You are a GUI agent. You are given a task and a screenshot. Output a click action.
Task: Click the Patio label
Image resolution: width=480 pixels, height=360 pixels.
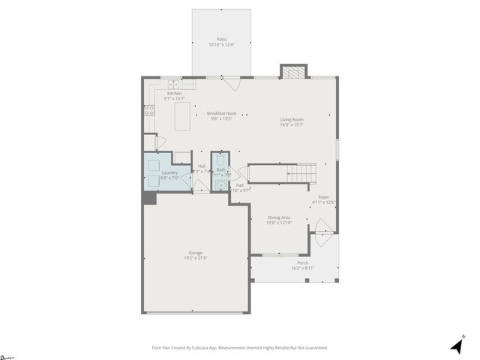tap(221, 38)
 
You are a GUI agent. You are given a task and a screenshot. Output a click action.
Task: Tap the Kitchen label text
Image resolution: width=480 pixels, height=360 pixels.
tap(174, 94)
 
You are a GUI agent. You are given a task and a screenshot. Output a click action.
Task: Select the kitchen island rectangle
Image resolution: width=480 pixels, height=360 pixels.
tap(182, 116)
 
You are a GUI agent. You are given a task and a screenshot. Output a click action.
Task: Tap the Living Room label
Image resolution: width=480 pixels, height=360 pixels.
tap(292, 119)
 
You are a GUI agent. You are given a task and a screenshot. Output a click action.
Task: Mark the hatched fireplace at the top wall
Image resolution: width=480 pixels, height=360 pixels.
tap(293, 72)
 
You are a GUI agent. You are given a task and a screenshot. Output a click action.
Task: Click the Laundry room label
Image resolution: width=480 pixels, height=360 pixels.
tap(169, 173)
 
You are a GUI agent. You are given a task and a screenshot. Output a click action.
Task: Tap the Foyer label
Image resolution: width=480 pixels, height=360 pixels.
tap(323, 197)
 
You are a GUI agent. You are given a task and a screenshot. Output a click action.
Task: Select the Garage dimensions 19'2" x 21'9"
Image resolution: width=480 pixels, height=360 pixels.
tap(196, 258)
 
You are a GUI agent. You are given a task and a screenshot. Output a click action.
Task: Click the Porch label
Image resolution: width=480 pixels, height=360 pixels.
tap(303, 263)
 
